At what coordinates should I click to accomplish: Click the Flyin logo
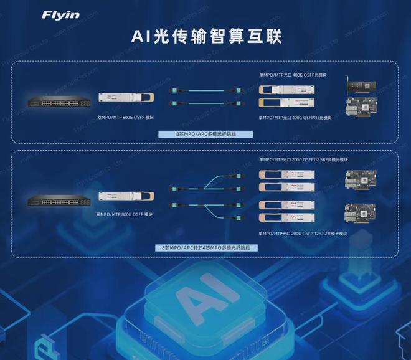pos(60,14)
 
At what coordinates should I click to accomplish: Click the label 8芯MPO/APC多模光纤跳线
pos(206,134)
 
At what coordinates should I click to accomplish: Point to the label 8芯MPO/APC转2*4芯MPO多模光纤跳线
pos(206,247)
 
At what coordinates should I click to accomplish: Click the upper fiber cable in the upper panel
pos(203,91)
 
